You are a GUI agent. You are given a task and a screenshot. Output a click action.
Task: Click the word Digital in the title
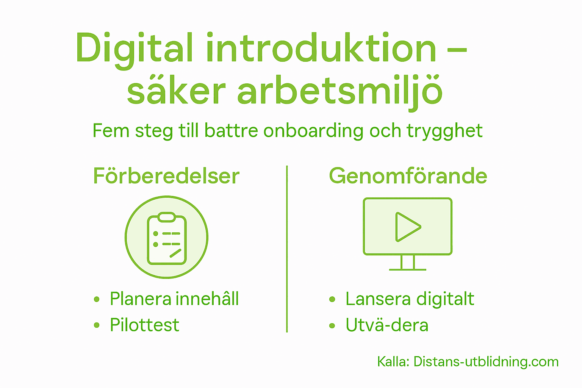[135, 48]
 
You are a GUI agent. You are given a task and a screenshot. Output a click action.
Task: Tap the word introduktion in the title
[321, 48]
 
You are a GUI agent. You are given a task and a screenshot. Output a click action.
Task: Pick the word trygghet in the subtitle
[444, 131]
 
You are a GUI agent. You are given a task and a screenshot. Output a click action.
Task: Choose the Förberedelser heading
[166, 176]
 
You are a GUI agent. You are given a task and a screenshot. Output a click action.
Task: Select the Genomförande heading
[408, 176]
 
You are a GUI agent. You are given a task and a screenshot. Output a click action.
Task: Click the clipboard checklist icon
[167, 238]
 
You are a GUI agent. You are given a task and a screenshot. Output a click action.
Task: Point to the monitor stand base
[408, 269]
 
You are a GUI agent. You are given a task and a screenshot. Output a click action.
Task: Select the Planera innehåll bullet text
[174, 299]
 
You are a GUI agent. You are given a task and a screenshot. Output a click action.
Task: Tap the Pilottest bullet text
[144, 325]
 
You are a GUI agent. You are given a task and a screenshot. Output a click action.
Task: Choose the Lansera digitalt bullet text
[410, 299]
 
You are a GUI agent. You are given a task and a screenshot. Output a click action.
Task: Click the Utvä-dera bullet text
[387, 325]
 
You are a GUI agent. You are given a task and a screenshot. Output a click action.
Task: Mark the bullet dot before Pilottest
[97, 325]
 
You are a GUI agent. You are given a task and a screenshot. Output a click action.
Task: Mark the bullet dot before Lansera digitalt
[332, 299]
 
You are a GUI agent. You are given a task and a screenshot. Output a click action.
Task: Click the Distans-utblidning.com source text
[486, 362]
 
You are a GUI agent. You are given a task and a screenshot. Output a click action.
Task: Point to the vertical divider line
[287, 249]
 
